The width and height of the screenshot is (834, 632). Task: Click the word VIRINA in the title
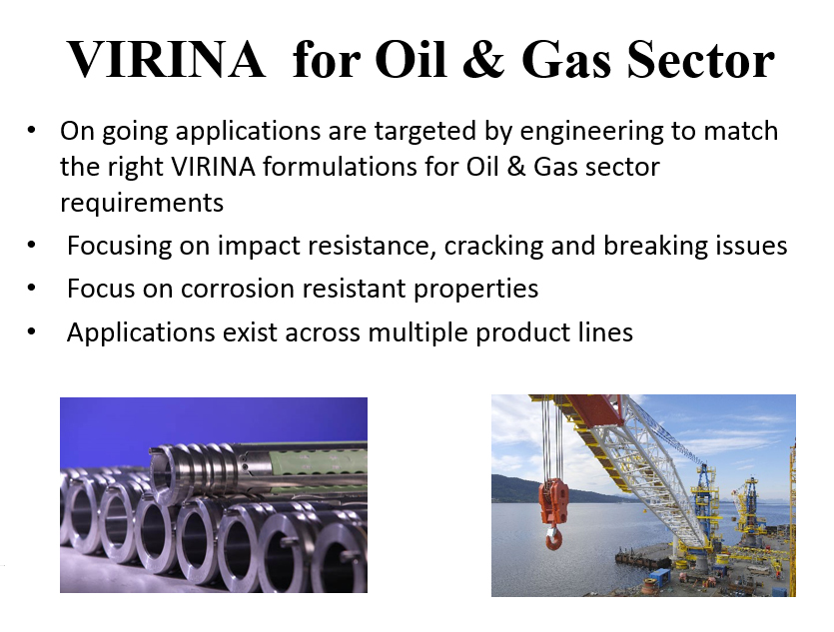pos(166,59)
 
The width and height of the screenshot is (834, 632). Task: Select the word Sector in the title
pos(701,59)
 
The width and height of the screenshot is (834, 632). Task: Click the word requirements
pos(142,204)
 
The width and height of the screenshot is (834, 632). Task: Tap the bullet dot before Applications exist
pos(31,331)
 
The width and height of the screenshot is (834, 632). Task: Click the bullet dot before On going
pos(31,130)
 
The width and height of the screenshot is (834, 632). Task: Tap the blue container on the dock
pos(660,576)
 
